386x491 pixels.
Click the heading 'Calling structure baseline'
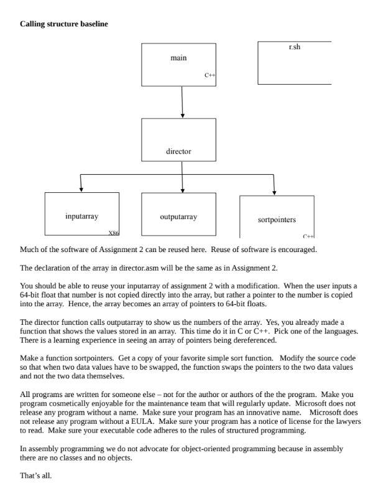pyautogui.click(x=64, y=24)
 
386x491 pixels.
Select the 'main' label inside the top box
pyautogui.click(x=178, y=58)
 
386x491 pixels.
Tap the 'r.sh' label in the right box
pyautogui.click(x=295, y=47)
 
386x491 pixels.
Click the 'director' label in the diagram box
pyautogui.click(x=178, y=151)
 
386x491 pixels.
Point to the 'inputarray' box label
pyautogui.click(x=81, y=217)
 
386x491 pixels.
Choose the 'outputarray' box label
pyautogui.click(x=178, y=217)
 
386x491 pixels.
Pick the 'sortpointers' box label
pyautogui.click(x=277, y=220)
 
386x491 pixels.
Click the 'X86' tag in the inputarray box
pyautogui.click(x=114, y=232)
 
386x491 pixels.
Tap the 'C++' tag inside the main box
pyautogui.click(x=210, y=75)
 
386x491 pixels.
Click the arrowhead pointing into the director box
pyautogui.click(x=182, y=115)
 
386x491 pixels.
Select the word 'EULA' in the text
pyautogui.click(x=140, y=421)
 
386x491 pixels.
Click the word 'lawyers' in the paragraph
pyautogui.click(x=349, y=421)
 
